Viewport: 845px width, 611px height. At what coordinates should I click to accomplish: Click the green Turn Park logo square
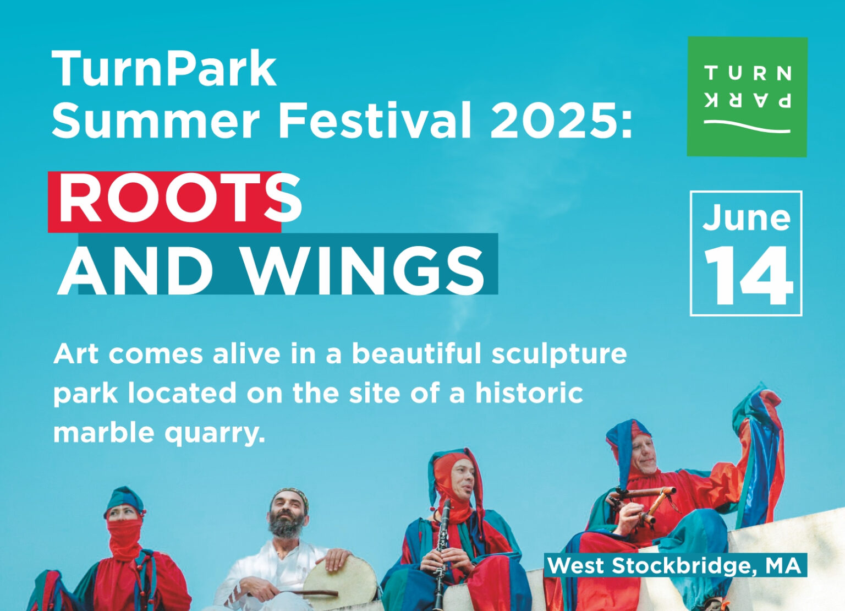(747, 97)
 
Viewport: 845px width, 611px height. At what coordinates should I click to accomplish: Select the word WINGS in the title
(364, 271)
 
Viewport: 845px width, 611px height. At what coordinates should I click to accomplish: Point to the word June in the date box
(746, 219)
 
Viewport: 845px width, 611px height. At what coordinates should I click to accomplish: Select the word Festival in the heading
(375, 121)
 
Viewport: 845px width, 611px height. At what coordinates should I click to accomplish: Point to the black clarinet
(440, 554)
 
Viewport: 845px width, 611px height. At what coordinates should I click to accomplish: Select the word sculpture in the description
(559, 355)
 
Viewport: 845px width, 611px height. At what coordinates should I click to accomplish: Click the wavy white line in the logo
(747, 127)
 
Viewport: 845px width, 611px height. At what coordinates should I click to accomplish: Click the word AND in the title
(135, 271)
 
